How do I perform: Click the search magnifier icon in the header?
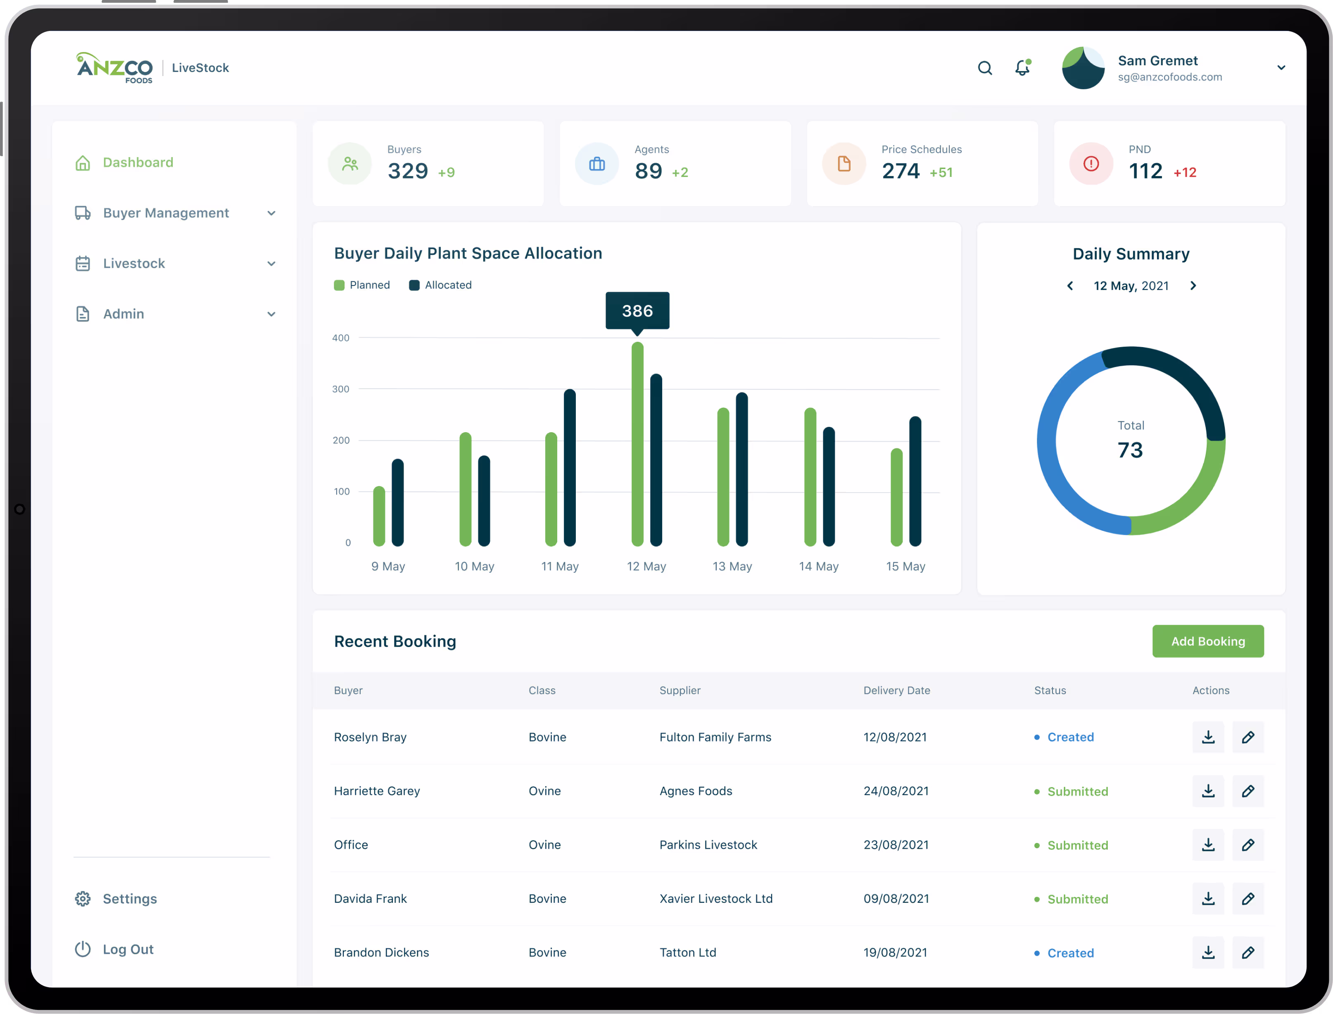[985, 68]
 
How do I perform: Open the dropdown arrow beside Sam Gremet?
[1281, 68]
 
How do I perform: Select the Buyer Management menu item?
[166, 213]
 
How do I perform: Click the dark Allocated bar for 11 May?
[570, 468]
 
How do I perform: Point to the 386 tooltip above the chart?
[637, 311]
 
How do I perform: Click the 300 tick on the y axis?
[341, 389]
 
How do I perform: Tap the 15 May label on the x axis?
[905, 566]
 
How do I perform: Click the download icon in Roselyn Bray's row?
[1208, 737]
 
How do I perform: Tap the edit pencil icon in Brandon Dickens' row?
[1248, 952]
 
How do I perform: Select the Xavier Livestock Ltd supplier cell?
[716, 899]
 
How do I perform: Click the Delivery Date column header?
[897, 690]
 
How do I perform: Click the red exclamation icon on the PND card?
[1091, 164]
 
